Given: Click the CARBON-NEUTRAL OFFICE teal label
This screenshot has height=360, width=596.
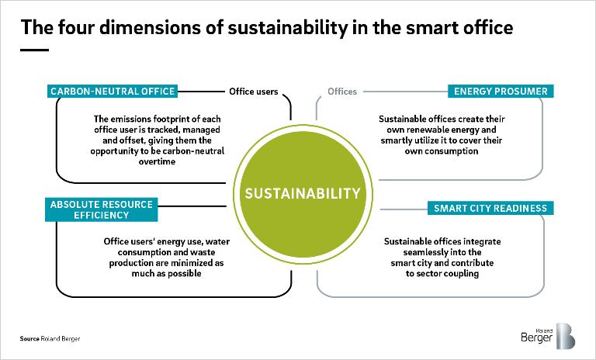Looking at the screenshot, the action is coord(113,92).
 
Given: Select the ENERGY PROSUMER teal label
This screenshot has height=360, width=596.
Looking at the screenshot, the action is coord(501,92).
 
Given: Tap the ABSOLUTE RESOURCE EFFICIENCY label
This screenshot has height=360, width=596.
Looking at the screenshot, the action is coord(102,209).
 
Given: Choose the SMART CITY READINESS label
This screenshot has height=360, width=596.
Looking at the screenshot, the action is coord(490,209).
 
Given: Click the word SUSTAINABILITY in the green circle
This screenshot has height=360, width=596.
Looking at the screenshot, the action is coord(303,193).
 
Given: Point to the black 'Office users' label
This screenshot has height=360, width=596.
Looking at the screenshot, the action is coord(254,92).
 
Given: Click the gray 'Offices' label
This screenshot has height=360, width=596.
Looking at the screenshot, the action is coord(342,92).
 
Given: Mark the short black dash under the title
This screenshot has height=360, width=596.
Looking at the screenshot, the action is coord(34,50).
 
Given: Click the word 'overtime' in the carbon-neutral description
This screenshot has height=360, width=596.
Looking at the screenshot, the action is coord(157,161).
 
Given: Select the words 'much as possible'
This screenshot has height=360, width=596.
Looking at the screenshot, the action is coord(167,274).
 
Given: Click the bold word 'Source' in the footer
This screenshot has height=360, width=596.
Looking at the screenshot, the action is coord(29,339).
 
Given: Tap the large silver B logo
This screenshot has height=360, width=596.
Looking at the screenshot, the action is coord(565,336).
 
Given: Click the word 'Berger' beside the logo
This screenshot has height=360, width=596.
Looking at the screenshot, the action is coord(536,337).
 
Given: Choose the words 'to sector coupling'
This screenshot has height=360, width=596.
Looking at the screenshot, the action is coord(442,274).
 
